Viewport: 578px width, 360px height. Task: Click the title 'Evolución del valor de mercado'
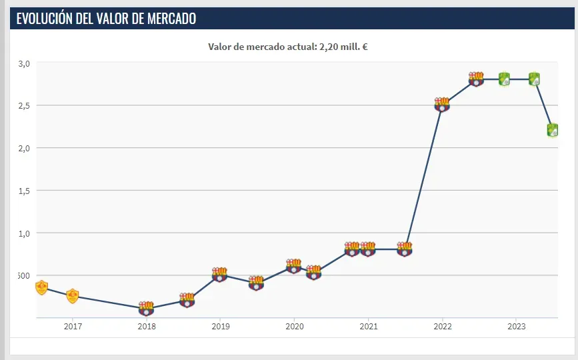tap(106, 19)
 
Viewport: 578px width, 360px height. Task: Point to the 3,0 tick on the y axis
tap(24, 63)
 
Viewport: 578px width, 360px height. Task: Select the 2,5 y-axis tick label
tap(24, 105)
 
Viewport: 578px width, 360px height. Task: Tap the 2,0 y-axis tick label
tap(24, 148)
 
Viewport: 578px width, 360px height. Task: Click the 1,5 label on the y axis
tap(24, 191)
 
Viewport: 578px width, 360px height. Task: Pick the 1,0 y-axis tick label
tap(24, 233)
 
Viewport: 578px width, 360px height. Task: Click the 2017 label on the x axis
tap(73, 327)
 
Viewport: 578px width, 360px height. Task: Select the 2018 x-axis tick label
tap(147, 327)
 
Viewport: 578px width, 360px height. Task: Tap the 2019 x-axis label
tap(221, 327)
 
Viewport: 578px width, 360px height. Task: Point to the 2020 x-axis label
tap(295, 327)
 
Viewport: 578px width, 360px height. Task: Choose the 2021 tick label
tap(369, 327)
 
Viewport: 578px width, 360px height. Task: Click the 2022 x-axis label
tap(443, 327)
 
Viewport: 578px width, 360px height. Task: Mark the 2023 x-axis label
tap(517, 327)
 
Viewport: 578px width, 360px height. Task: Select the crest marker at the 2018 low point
tap(147, 308)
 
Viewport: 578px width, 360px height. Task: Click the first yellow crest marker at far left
tap(41, 287)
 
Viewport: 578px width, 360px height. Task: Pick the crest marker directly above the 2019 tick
tap(220, 275)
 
